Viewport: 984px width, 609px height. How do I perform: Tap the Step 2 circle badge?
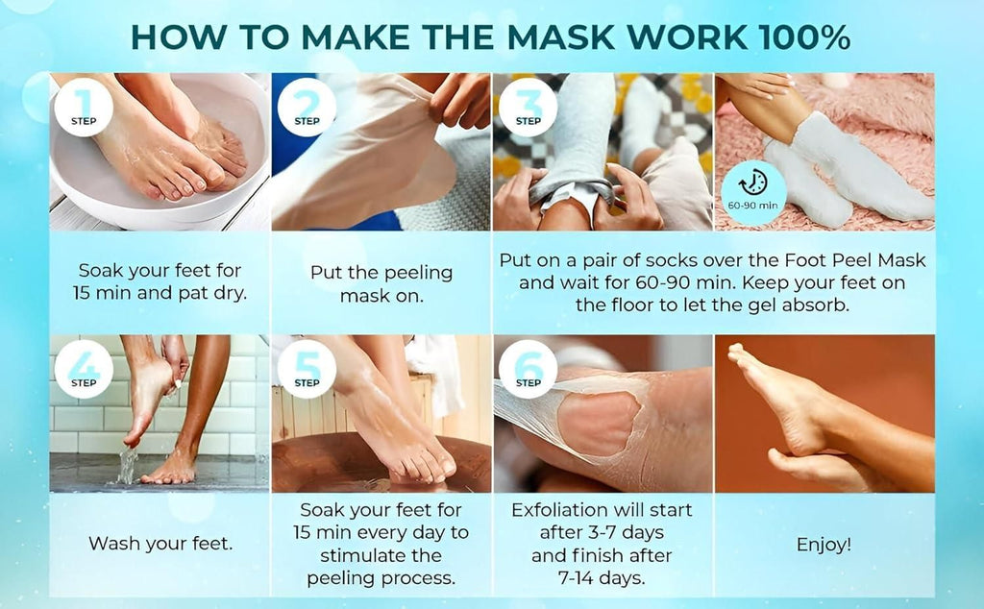[x=307, y=107]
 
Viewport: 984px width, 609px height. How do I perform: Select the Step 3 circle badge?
[x=528, y=107]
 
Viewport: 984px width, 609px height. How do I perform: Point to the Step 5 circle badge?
[x=307, y=369]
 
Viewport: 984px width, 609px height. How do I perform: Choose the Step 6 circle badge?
[x=528, y=369]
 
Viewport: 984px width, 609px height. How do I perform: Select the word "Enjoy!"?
[x=824, y=545]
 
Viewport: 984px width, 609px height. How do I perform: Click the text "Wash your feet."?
[x=160, y=545]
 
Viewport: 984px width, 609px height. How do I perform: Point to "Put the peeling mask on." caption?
[x=381, y=283]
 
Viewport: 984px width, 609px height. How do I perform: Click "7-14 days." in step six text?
[x=602, y=579]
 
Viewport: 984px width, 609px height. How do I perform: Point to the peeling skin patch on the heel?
[x=598, y=424]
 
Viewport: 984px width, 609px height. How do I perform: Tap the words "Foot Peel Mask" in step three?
[x=868, y=259]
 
